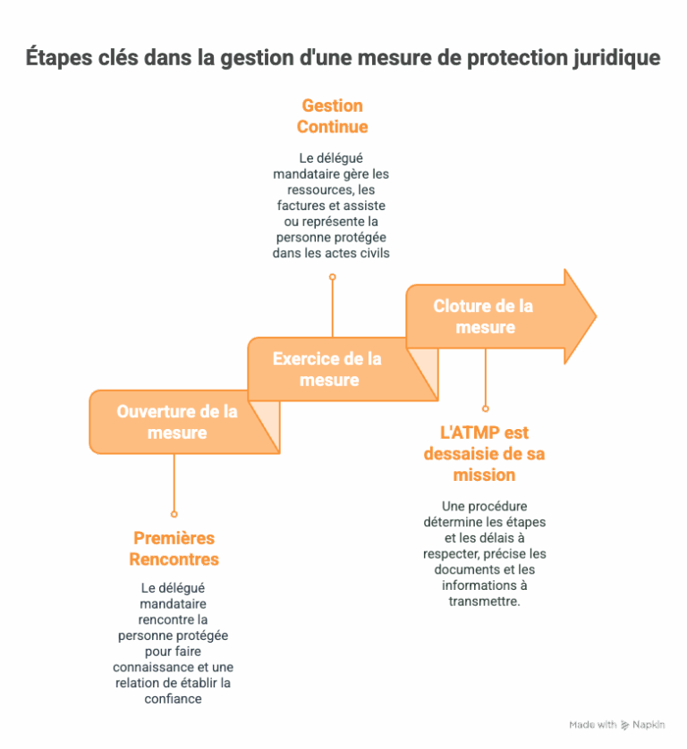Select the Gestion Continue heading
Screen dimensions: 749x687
332,116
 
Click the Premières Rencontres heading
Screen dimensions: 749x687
174,549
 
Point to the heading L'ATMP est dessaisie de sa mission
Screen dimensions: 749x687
484,453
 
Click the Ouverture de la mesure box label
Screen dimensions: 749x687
177,422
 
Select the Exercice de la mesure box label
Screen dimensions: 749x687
327,369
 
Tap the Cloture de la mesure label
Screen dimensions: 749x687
484,316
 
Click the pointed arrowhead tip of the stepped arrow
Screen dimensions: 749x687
594,316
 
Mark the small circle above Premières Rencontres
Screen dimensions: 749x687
174,514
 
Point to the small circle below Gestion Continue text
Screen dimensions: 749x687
332,277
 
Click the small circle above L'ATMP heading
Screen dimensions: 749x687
485,408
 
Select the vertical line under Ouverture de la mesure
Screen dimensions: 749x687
174,483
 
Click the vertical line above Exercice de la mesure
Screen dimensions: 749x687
332,308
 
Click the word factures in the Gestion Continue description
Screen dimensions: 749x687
301,206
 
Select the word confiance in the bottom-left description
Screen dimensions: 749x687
174,699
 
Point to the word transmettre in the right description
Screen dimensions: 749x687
484,602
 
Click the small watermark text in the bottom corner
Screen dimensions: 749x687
616,724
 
